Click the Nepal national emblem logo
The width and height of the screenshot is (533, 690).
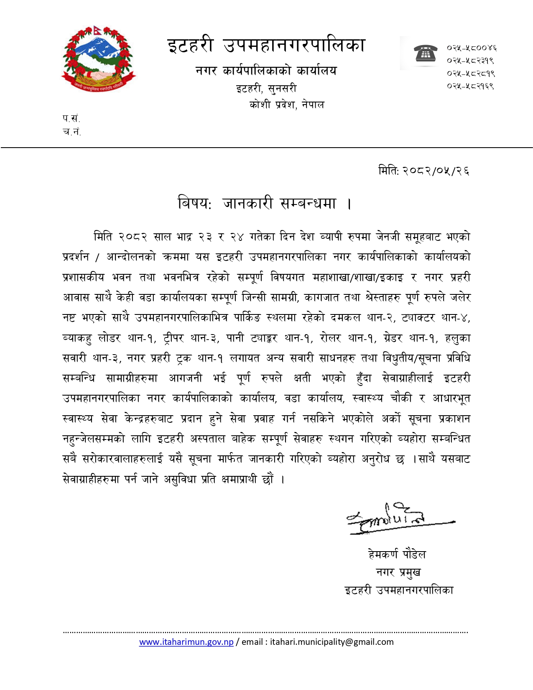click(98, 59)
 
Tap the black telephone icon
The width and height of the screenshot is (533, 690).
click(426, 54)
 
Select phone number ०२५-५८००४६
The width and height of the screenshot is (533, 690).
click(471, 48)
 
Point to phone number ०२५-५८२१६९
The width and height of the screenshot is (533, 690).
click(470, 86)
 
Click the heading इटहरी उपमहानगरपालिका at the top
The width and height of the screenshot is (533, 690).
click(266, 45)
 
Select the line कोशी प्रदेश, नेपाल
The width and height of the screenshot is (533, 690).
click(287, 105)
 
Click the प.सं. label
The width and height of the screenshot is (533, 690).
click(71, 119)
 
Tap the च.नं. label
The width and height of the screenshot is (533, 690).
click(71, 132)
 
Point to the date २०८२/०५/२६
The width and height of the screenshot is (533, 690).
click(436, 171)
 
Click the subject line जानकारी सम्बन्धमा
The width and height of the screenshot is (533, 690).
click(279, 204)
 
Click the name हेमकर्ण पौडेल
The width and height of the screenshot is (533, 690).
click(397, 555)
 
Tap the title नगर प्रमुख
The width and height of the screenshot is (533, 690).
click(398, 572)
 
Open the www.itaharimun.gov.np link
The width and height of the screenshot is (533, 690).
click(186, 642)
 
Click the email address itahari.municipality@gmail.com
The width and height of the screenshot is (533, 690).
click(332, 642)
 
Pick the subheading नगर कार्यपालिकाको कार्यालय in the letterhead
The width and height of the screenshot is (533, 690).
click(266, 71)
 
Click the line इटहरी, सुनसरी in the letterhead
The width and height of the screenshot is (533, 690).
click(266, 89)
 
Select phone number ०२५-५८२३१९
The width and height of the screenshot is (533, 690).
click(470, 61)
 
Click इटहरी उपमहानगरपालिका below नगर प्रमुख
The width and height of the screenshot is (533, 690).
click(399, 590)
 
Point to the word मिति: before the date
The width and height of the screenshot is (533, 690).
click(388, 171)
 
